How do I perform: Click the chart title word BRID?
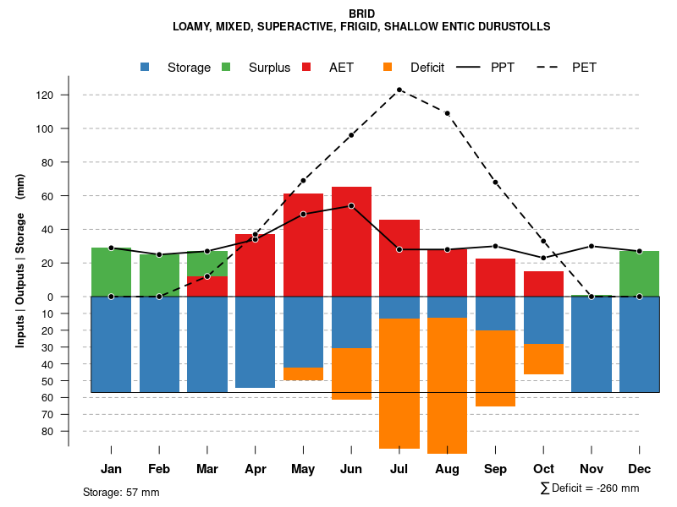coord(361,14)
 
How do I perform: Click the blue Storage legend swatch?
coord(146,68)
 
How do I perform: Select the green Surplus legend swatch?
coord(226,68)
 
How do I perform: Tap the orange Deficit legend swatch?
coord(388,68)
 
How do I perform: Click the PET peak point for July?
coord(399,90)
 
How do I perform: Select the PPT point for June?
coord(351,206)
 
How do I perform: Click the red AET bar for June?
coord(351,245)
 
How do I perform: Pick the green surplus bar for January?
coord(111,272)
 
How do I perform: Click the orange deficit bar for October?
coord(543,359)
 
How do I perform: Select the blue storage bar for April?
coord(255,342)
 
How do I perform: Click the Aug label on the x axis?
coord(447,469)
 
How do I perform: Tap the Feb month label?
coord(159,469)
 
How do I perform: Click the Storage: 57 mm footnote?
coord(121,492)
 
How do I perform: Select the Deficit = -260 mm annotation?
coord(590,488)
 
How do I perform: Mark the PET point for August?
coord(447,113)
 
